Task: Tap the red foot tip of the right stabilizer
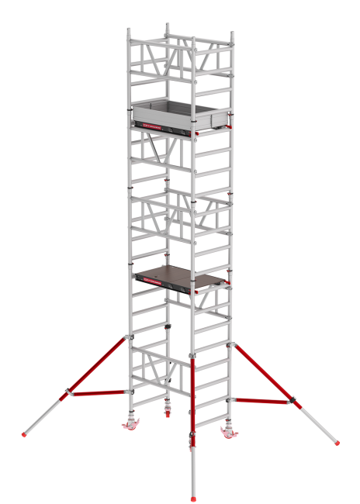337,444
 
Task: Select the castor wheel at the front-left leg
130,426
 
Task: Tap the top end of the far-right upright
230,34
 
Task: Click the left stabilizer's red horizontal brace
98,393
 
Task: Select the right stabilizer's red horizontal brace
264,401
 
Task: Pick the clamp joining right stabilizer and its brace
292,402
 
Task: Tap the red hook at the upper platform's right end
230,126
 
